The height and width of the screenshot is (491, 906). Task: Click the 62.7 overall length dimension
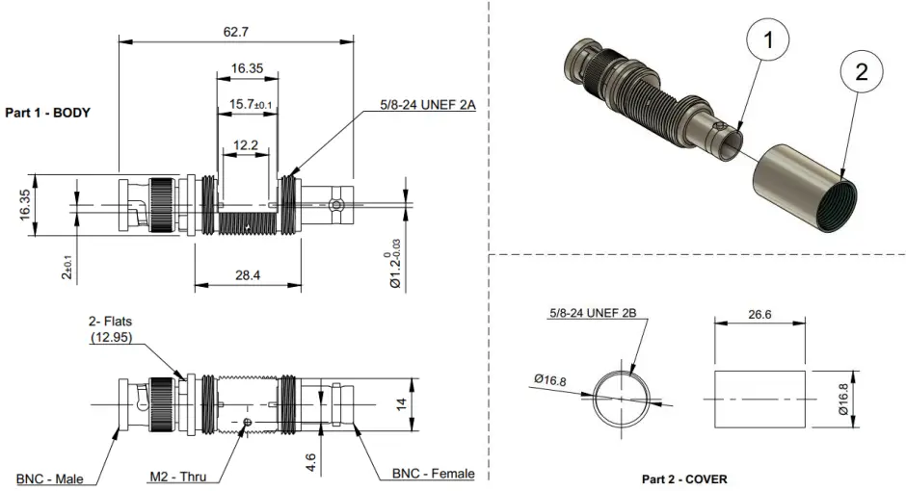coord(235,32)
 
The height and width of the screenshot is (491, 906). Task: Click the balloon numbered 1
coord(768,41)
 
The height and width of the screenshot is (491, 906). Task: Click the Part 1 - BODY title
coord(48,113)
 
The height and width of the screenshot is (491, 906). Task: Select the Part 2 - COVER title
coord(684,478)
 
